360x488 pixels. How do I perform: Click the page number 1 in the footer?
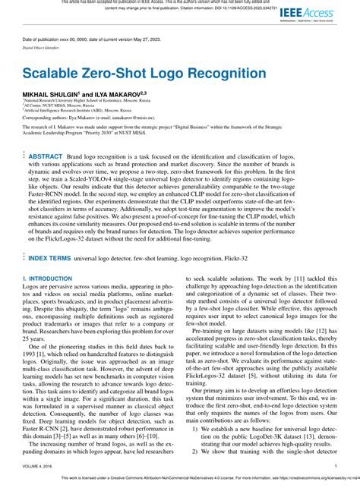coord(335,467)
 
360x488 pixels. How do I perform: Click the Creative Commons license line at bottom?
coord(180,479)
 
